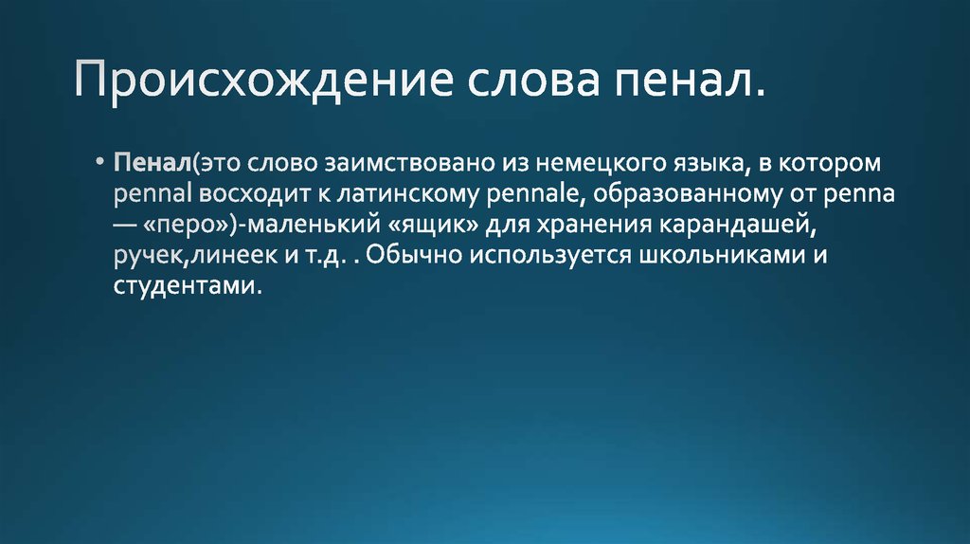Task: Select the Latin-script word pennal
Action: pyautogui.click(x=153, y=194)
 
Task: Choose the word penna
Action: pyautogui.click(x=858, y=194)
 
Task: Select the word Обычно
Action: pyautogui.click(x=414, y=255)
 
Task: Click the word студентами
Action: pyautogui.click(x=184, y=286)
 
